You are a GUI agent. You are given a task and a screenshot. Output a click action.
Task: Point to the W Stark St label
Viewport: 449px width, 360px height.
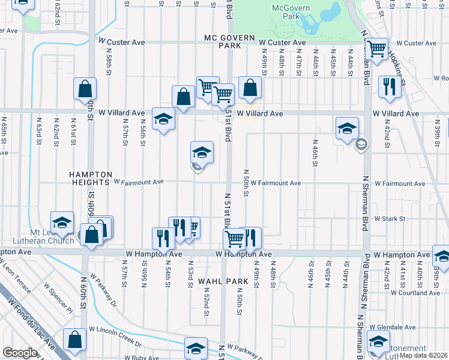click(x=390, y=220)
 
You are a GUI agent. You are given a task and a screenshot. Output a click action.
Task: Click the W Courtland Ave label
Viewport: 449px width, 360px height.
click(x=415, y=293)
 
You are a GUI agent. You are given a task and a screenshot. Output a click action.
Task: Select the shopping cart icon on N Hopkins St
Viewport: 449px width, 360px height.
click(x=376, y=49)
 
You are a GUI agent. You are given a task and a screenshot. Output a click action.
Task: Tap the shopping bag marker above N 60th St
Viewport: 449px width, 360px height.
click(x=85, y=88)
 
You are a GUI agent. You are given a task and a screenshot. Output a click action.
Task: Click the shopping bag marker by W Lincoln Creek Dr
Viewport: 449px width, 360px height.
click(x=75, y=339)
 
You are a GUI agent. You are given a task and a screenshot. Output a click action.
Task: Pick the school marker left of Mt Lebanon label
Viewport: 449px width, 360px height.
click(x=62, y=222)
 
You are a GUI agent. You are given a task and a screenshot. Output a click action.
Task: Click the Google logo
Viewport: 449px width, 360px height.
click(x=20, y=353)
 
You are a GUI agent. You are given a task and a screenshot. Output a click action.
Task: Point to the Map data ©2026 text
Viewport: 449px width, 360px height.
click(x=423, y=355)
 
